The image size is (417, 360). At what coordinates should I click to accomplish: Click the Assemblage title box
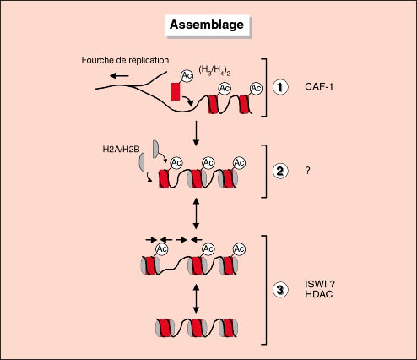pyautogui.click(x=207, y=25)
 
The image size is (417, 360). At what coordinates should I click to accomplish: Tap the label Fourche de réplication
pyautogui.click(x=125, y=60)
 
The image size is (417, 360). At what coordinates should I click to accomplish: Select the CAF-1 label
pyautogui.click(x=319, y=86)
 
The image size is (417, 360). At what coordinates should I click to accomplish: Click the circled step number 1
pyautogui.click(x=280, y=87)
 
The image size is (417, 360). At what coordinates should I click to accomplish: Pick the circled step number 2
pyautogui.click(x=280, y=171)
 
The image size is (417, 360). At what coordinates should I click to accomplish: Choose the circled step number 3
pyautogui.click(x=280, y=290)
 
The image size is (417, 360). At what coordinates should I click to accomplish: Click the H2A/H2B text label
pyautogui.click(x=121, y=149)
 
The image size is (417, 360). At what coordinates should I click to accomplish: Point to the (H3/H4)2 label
pyautogui.click(x=214, y=70)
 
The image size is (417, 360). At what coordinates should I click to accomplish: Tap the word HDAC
pyautogui.click(x=319, y=294)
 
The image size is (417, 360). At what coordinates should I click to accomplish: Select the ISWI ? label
pyautogui.click(x=320, y=284)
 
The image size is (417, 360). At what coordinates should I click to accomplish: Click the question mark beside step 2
pyautogui.click(x=307, y=171)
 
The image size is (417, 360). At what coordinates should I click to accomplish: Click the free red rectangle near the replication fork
pyautogui.click(x=175, y=91)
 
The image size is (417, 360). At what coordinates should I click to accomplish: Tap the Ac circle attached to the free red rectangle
pyautogui.click(x=187, y=76)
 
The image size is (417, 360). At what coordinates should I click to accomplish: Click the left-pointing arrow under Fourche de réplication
pyautogui.click(x=119, y=75)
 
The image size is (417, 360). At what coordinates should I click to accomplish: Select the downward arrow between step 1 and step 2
pyautogui.click(x=196, y=134)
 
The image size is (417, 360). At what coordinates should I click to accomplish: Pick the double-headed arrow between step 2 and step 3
pyautogui.click(x=196, y=213)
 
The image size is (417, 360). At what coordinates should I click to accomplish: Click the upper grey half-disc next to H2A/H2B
pyautogui.click(x=156, y=149)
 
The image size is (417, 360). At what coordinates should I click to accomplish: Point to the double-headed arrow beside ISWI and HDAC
pyautogui.click(x=196, y=298)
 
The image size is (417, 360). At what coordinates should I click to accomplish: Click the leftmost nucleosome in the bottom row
pyautogui.click(x=165, y=328)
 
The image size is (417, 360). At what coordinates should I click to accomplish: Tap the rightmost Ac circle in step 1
pyautogui.click(x=256, y=89)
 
